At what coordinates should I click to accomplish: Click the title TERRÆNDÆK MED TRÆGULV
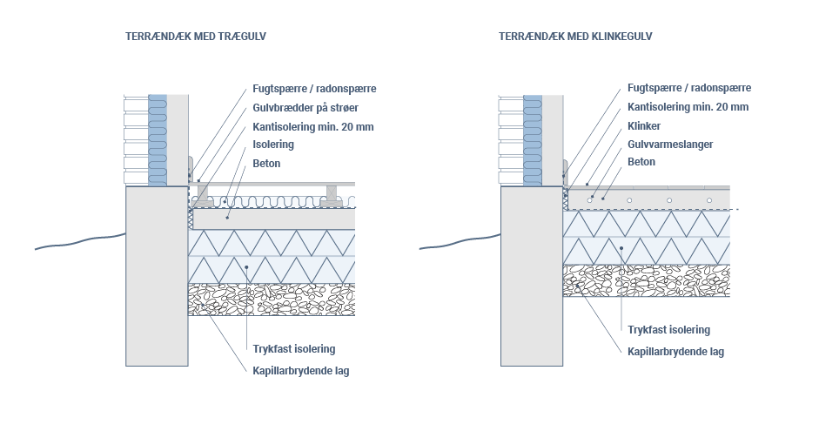pos(196,36)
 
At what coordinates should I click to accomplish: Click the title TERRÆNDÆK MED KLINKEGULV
pos(575,36)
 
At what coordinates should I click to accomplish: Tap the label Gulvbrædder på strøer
pos(305,108)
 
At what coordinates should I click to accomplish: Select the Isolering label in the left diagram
pos(273,145)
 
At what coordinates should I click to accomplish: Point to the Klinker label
pos(644,126)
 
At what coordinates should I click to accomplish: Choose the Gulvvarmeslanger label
pos(670,145)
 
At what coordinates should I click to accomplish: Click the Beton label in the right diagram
pos(641,161)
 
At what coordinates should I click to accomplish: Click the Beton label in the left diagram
pos(266,163)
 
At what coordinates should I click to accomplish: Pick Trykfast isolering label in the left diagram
pos(294,349)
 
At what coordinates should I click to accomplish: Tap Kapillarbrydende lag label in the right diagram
pos(676,352)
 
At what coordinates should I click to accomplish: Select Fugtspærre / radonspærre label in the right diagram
pos(689,88)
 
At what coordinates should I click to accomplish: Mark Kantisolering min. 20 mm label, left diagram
pos(313,127)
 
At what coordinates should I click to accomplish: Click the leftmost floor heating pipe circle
pos(590,200)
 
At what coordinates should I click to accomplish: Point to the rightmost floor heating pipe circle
pos(708,200)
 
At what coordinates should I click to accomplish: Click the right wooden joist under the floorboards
pos(332,195)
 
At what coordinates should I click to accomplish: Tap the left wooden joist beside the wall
pos(202,195)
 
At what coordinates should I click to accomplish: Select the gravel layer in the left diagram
pos(272,300)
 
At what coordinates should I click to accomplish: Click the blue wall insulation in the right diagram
pos(533,140)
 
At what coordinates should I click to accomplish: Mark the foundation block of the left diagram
pos(157,276)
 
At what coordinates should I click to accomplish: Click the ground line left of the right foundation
pos(460,242)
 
